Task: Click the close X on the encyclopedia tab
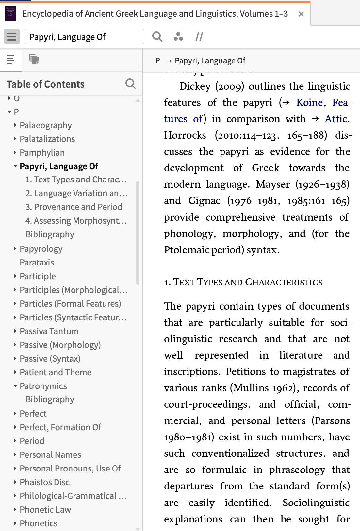click(x=301, y=14)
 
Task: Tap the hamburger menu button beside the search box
click(x=12, y=37)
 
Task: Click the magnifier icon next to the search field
click(x=157, y=37)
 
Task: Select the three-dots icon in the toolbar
click(x=178, y=37)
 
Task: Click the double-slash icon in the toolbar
click(x=199, y=37)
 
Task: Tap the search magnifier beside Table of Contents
click(x=130, y=84)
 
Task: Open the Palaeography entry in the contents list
click(x=45, y=125)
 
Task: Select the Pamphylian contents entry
click(x=42, y=153)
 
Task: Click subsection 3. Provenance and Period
click(x=74, y=207)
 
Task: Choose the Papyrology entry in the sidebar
click(x=41, y=249)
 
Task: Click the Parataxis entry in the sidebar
click(x=37, y=263)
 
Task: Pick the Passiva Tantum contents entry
click(x=49, y=331)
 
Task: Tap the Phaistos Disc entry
click(x=44, y=482)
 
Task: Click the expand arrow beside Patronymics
click(x=15, y=386)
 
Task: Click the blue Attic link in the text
click(x=336, y=119)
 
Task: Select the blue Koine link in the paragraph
click(x=309, y=102)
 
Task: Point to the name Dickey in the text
click(x=195, y=86)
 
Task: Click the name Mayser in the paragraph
click(x=272, y=184)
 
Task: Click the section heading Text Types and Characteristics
click(x=243, y=282)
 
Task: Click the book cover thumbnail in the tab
click(x=10, y=14)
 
